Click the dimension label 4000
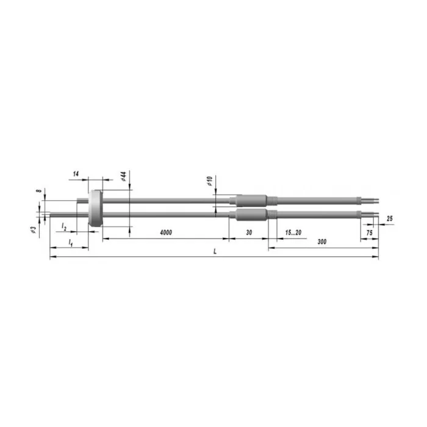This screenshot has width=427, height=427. pos(166,232)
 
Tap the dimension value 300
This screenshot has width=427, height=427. pos(322,242)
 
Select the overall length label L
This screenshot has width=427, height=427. pos(215,251)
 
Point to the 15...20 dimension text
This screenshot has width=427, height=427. pos(293,232)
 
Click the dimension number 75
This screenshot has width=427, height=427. pos(369,232)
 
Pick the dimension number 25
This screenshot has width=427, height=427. pos(390,218)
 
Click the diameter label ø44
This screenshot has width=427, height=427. pos(123,176)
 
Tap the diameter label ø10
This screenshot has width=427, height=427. pos(209,181)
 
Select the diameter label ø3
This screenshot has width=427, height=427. pos(33,229)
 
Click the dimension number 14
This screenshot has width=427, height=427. pos(76,174)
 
